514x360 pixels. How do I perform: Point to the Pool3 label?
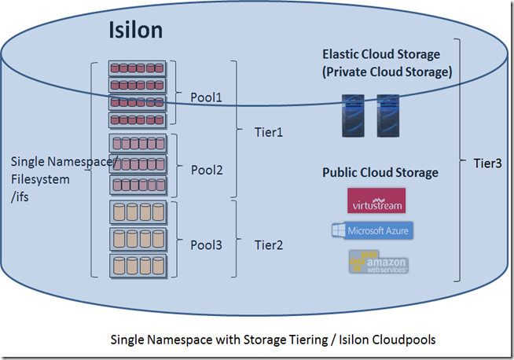[207, 244]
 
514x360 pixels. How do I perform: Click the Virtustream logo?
[376, 200]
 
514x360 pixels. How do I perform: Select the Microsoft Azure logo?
[372, 230]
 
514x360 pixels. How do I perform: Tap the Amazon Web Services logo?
[378, 261]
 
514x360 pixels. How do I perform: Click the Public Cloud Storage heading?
[380, 172]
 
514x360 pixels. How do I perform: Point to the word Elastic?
[342, 54]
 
